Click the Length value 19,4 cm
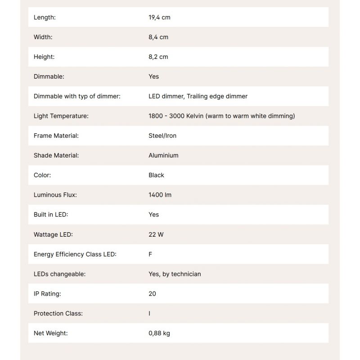coord(159,18)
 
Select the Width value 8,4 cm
coord(158,37)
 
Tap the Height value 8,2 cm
coord(158,57)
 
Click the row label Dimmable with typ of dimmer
coord(77,96)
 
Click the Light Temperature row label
coord(61,116)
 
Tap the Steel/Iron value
coord(162,136)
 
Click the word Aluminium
coord(163,156)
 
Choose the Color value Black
coord(156,175)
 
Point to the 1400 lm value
coord(160,195)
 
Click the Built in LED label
coord(51,215)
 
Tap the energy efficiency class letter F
coord(150,254)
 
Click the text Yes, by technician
coord(175,274)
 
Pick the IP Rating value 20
coord(152,294)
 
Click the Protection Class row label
coord(58,314)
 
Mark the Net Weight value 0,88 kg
coord(159,333)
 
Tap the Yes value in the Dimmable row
coord(153,76)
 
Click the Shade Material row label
coord(56,156)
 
